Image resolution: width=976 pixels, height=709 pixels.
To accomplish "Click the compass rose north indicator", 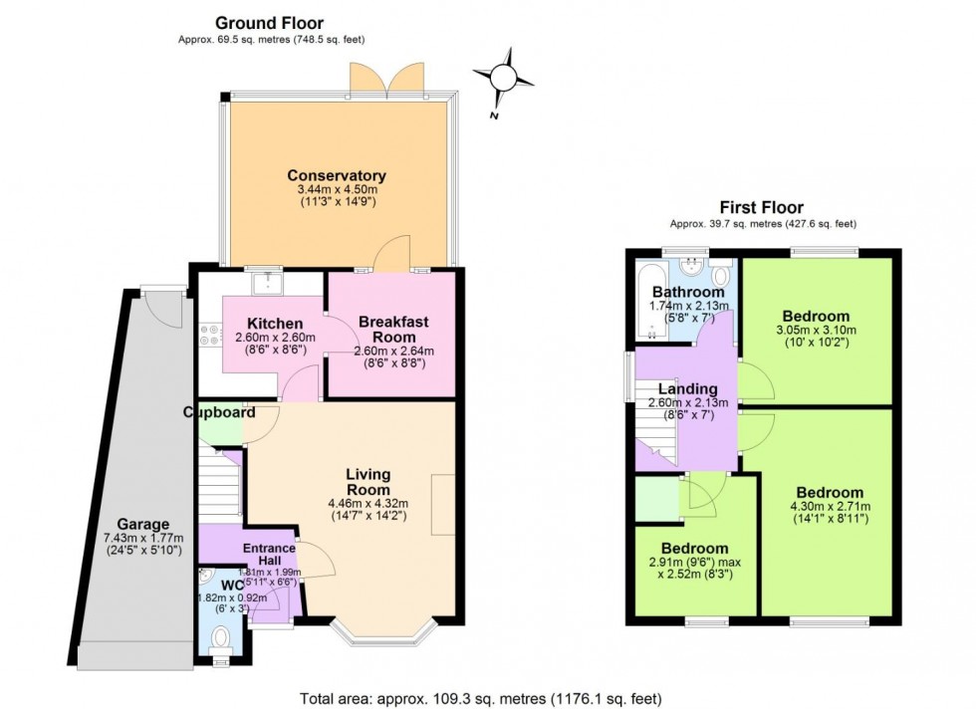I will [x=504, y=78].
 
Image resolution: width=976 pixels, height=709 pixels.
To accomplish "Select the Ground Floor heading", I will [x=269, y=23].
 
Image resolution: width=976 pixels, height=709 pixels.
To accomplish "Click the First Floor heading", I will [x=762, y=207].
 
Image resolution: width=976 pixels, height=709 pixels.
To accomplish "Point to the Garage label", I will [x=143, y=524].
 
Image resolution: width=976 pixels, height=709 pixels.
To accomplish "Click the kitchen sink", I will [x=266, y=284].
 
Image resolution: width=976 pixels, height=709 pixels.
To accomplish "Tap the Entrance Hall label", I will [x=270, y=555].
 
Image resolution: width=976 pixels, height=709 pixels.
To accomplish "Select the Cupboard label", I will [x=218, y=412].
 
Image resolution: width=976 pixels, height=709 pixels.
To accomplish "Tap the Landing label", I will [x=687, y=388].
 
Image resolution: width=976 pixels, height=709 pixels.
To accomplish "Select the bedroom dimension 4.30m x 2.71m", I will [x=829, y=507].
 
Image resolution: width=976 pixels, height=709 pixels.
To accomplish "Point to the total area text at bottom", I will [x=480, y=698].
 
